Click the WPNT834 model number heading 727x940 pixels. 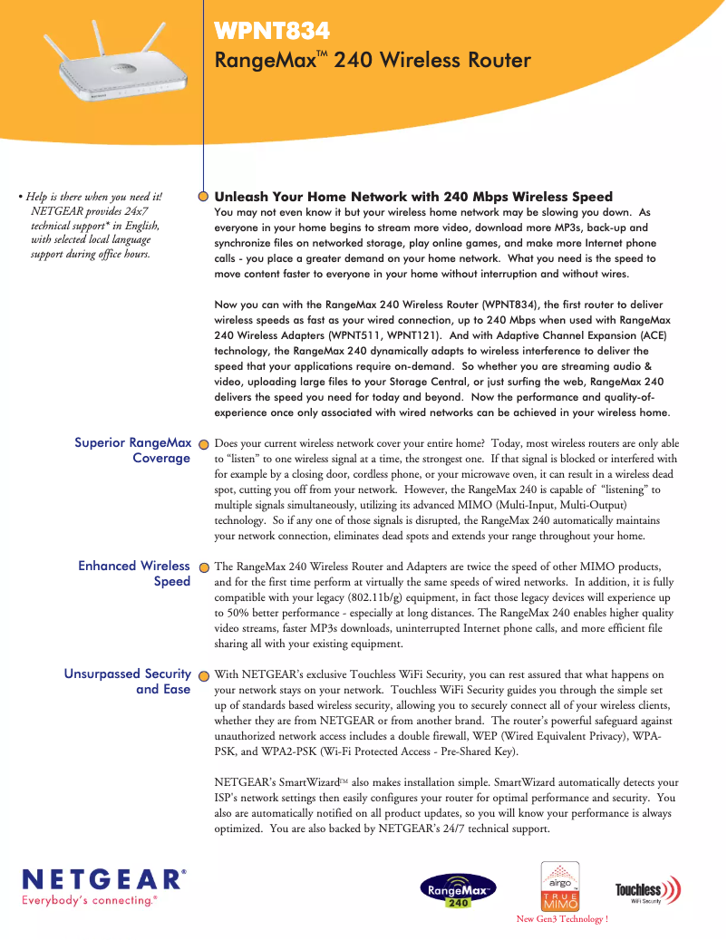pos(272,33)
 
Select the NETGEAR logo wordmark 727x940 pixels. pos(104,879)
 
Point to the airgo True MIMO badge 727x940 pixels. pos(560,886)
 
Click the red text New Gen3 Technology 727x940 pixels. pos(562,919)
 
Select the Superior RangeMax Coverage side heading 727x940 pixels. pos(133,451)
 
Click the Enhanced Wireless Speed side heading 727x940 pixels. pos(134,574)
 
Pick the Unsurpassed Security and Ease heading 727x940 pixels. pos(128,682)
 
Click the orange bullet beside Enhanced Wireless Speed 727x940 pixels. pos(204,567)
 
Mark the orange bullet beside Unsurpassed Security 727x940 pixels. pos(204,675)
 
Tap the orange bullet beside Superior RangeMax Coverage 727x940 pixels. pos(204,444)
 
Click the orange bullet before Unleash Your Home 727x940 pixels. pos(204,196)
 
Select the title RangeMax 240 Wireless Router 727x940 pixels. pos(372,61)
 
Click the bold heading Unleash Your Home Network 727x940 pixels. pos(413,197)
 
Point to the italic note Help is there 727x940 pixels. pos(93,225)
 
